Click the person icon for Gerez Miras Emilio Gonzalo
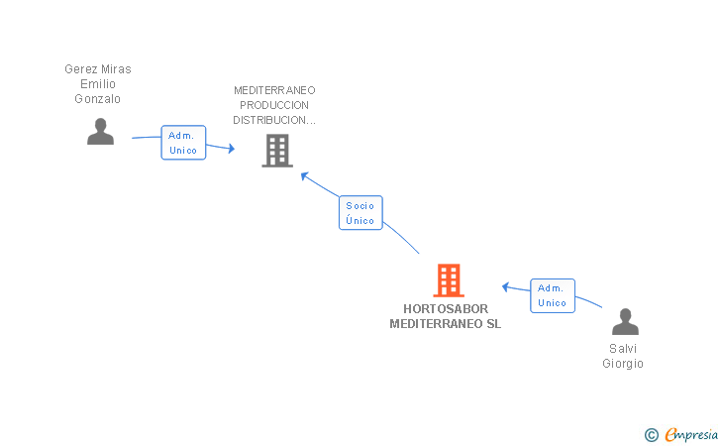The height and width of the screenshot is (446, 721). tap(100, 132)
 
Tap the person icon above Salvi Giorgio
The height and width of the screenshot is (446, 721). tap(625, 322)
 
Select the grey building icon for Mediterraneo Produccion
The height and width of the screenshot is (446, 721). tap(277, 151)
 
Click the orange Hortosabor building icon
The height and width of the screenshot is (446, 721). tap(449, 280)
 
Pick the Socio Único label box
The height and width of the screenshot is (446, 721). tap(360, 213)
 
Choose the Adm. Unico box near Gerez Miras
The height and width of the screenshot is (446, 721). tap(183, 143)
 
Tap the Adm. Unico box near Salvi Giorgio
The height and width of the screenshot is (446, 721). tap(553, 295)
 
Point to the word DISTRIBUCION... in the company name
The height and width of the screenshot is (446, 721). tap(274, 120)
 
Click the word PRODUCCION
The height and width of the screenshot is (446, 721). tap(274, 105)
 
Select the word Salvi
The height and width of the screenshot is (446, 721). tap(623, 349)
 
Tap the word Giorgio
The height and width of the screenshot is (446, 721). tap(623, 364)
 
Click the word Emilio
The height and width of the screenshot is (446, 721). tap(98, 84)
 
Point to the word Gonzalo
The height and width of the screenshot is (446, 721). tap(98, 99)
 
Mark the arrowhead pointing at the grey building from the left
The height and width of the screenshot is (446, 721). tap(231, 149)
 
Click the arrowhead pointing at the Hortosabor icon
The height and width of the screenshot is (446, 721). tap(506, 287)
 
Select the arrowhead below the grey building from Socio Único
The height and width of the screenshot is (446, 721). tap(305, 176)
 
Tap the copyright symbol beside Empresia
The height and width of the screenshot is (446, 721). tap(651, 434)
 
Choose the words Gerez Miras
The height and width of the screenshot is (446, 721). tap(98, 69)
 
